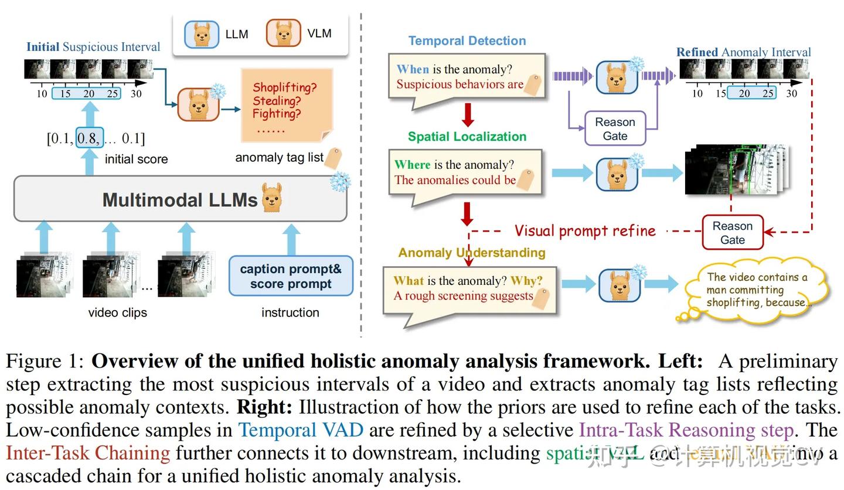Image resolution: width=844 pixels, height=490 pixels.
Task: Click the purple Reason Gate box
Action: (615, 129)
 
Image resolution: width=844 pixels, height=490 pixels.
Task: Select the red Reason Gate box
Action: (732, 233)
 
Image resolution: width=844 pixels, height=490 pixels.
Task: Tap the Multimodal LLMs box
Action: (181, 199)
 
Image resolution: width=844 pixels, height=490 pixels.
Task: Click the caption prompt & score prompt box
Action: (291, 277)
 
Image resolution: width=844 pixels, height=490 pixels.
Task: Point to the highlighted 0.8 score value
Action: (89, 138)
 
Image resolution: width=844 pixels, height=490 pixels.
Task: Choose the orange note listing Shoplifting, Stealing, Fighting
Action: (286, 104)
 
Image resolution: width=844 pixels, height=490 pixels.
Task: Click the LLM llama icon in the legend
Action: (202, 35)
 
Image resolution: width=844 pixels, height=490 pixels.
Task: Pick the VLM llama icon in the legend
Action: (284, 33)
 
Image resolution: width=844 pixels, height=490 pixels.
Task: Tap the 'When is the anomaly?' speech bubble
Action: (467, 77)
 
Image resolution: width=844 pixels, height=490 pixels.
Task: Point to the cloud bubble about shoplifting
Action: (756, 290)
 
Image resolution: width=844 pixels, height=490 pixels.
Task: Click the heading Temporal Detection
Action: (467, 41)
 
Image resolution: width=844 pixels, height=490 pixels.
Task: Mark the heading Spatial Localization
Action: (467, 137)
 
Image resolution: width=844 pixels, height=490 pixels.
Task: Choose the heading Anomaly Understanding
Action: (472, 253)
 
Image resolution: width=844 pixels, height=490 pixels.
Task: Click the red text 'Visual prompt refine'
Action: (585, 231)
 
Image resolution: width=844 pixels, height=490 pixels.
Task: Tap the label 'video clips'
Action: (118, 312)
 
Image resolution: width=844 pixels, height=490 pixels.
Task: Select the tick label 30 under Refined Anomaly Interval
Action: (791, 93)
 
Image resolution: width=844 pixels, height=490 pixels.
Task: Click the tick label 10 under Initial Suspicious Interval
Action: (42, 94)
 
